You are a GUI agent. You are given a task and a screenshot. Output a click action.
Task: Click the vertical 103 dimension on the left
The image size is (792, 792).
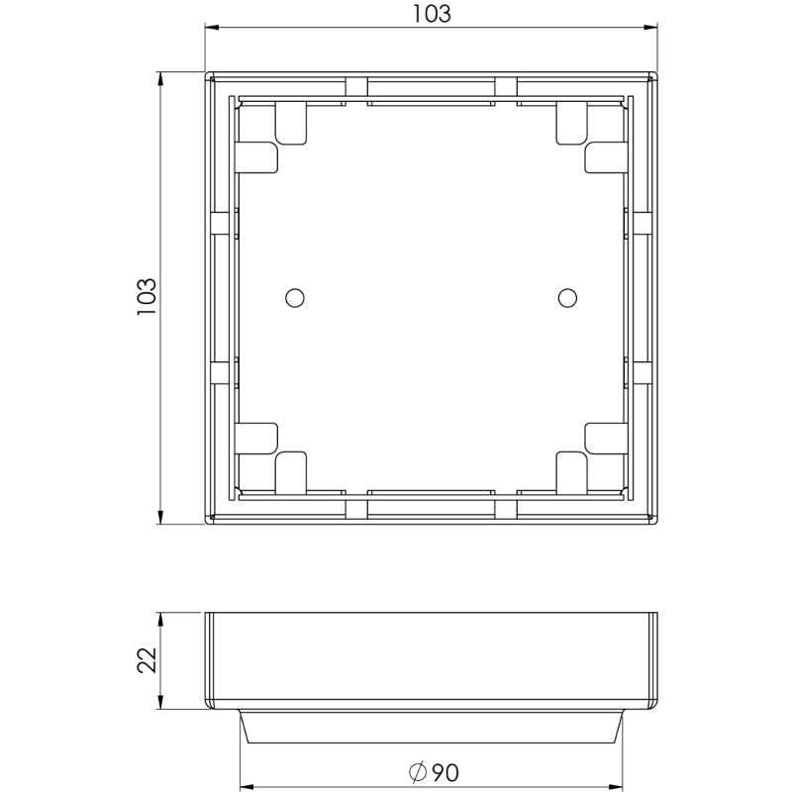pyautogui.click(x=146, y=296)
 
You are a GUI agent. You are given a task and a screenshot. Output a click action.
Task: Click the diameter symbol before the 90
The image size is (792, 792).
pyautogui.click(x=416, y=771)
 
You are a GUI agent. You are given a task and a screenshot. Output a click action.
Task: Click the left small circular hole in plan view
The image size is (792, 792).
pyautogui.click(x=293, y=297)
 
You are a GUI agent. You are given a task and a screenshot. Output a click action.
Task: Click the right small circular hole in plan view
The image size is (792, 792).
pyautogui.click(x=566, y=297)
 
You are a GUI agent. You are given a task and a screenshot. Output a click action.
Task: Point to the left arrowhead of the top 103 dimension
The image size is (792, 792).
pyautogui.click(x=211, y=27)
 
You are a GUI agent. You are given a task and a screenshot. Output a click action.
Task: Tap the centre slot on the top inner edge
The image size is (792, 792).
pyautogui.click(x=431, y=100)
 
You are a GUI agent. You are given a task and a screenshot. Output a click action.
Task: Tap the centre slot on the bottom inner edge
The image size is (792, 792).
pyautogui.click(x=431, y=492)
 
